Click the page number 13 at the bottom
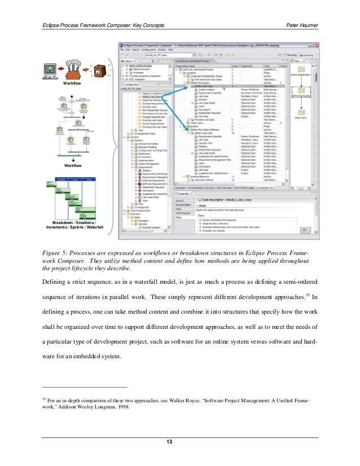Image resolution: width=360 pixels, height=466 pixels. click(179, 441)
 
